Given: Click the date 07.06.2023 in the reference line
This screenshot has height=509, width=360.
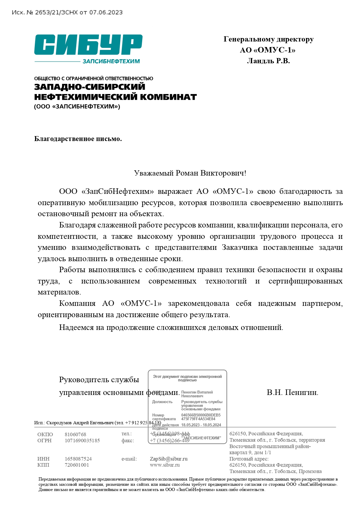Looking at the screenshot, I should coord(106,12).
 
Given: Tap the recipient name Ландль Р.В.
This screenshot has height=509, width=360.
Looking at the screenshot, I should coord(268,61).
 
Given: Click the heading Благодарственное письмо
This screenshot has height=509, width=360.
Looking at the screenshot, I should coord(78,139).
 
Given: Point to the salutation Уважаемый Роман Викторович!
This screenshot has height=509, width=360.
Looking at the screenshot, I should coord(190,173).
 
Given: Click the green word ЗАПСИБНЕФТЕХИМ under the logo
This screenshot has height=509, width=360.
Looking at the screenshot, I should coord(111,61).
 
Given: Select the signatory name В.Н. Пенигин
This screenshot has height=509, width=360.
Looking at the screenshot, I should coord(292,392).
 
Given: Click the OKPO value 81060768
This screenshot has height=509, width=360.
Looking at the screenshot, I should coord(75,434).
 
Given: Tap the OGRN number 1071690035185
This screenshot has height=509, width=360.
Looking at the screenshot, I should coord(82,441).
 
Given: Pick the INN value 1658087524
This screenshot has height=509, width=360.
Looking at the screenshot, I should coord(78,459).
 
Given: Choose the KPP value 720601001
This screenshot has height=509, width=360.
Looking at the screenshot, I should coord(77,465).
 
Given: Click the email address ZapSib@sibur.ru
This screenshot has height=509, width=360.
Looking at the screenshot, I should coord(169,459).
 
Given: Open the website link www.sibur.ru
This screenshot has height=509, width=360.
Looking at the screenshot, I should coord(165,465).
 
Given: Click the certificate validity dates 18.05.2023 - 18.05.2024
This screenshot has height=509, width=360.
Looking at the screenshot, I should coord(201,425).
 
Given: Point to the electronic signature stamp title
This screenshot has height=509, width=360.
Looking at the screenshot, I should coord(187,378).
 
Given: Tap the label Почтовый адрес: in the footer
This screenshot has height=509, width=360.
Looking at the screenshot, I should coord(249,459).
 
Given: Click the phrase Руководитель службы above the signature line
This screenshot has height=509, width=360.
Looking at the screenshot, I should coord(99,380).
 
